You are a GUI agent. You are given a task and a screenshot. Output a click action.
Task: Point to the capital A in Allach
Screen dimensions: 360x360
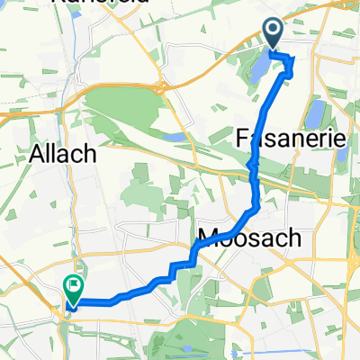pos(40,154)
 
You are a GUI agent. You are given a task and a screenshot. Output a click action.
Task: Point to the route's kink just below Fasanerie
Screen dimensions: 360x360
pos(253,167)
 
